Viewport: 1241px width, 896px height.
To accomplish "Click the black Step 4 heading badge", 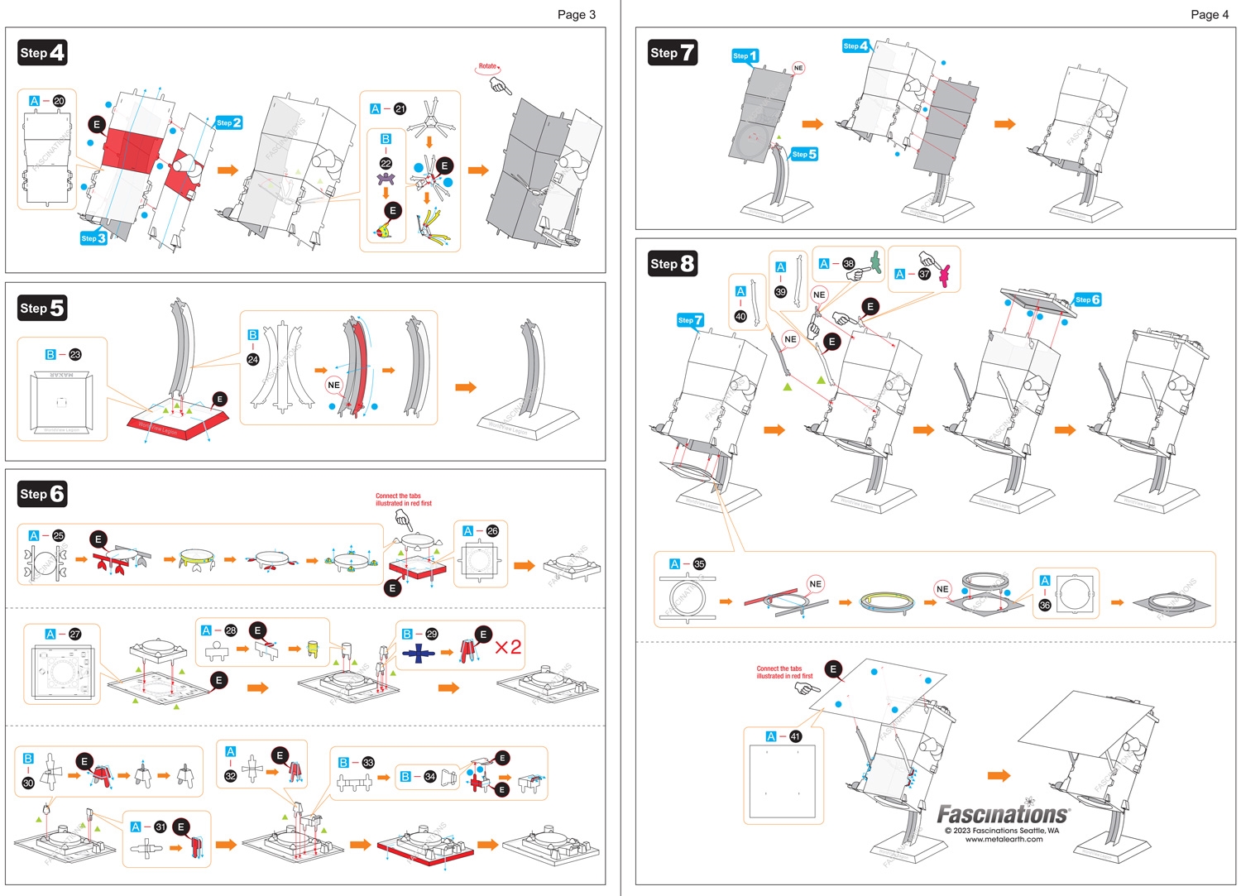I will coord(42,53).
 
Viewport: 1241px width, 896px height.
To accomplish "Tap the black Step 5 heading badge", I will coord(42,309).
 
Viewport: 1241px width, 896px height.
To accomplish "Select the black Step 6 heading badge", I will coord(42,494).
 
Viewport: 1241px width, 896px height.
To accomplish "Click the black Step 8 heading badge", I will coord(672,264).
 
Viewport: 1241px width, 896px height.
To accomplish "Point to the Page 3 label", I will coord(576,14).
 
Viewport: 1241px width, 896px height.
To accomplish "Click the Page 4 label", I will coord(1210,14).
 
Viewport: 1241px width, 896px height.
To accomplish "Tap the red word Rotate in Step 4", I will coord(487,66).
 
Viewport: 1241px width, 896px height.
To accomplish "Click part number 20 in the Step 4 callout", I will coord(59,101).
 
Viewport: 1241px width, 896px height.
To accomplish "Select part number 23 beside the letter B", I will coord(75,354).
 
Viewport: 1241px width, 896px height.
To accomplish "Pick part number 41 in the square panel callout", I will coord(795,736).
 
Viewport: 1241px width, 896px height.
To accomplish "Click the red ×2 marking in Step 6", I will coord(508,647).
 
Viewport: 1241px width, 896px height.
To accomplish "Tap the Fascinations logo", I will coord(1003,814).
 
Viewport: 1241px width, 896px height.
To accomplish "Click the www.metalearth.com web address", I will coord(1004,839).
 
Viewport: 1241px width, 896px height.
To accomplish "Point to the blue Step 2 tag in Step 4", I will coord(228,122).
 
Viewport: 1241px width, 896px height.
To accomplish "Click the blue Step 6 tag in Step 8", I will coord(1087,299).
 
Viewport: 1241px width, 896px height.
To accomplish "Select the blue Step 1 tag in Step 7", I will coord(745,55).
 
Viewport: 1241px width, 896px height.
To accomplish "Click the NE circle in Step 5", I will coord(333,385).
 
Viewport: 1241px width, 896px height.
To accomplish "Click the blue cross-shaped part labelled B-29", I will coord(419,654).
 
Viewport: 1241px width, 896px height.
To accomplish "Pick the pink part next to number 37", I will coord(944,274).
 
